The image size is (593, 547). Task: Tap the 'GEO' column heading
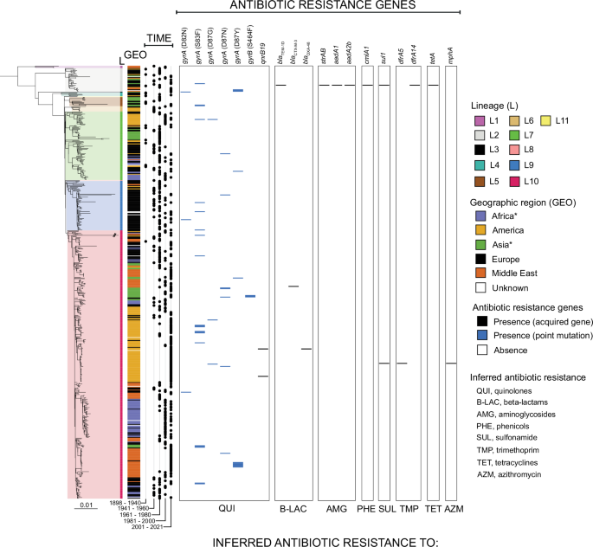pyautogui.click(x=135, y=55)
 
